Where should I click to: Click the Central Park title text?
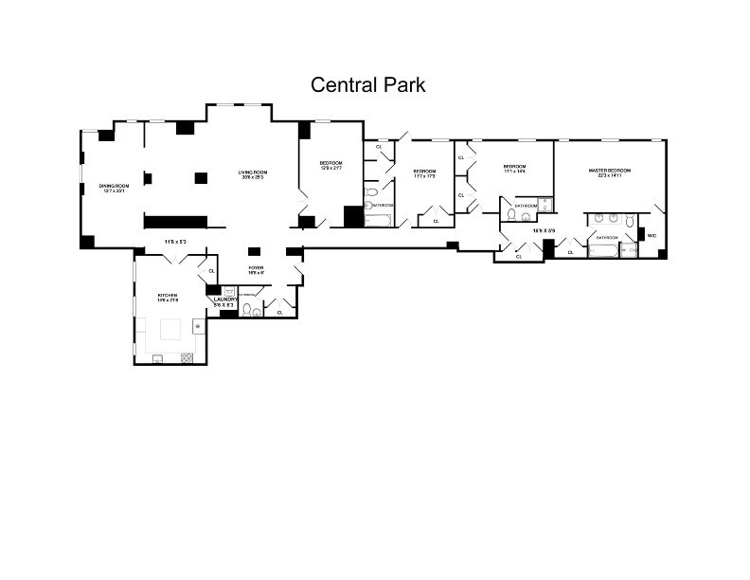(x=368, y=85)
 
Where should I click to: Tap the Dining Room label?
(x=114, y=188)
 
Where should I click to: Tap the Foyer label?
(x=256, y=269)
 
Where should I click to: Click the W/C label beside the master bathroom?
(x=652, y=236)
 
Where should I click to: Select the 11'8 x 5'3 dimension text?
(x=174, y=242)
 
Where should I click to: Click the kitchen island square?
(x=171, y=330)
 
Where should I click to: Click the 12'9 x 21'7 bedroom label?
(x=330, y=166)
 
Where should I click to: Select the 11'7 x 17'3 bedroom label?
(x=423, y=173)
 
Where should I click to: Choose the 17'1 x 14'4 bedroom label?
(x=514, y=169)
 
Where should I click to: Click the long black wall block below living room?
(x=175, y=222)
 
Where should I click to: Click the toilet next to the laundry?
(x=247, y=309)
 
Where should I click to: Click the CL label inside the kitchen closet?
(x=212, y=272)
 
